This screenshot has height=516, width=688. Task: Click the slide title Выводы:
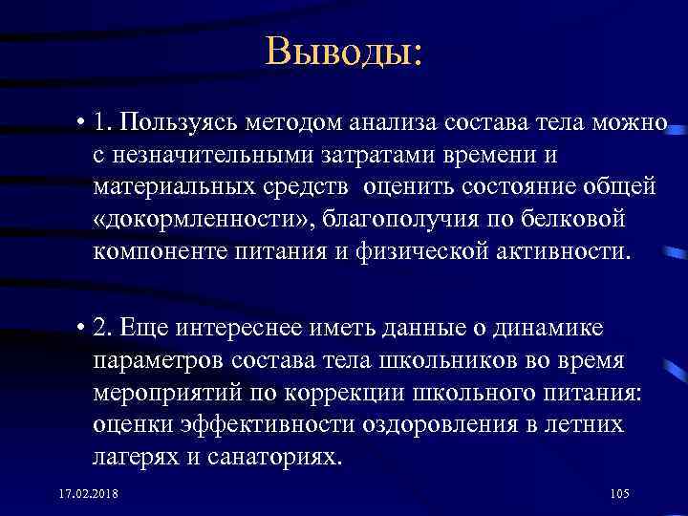343,51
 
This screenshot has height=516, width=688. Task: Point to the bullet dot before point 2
84,330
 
